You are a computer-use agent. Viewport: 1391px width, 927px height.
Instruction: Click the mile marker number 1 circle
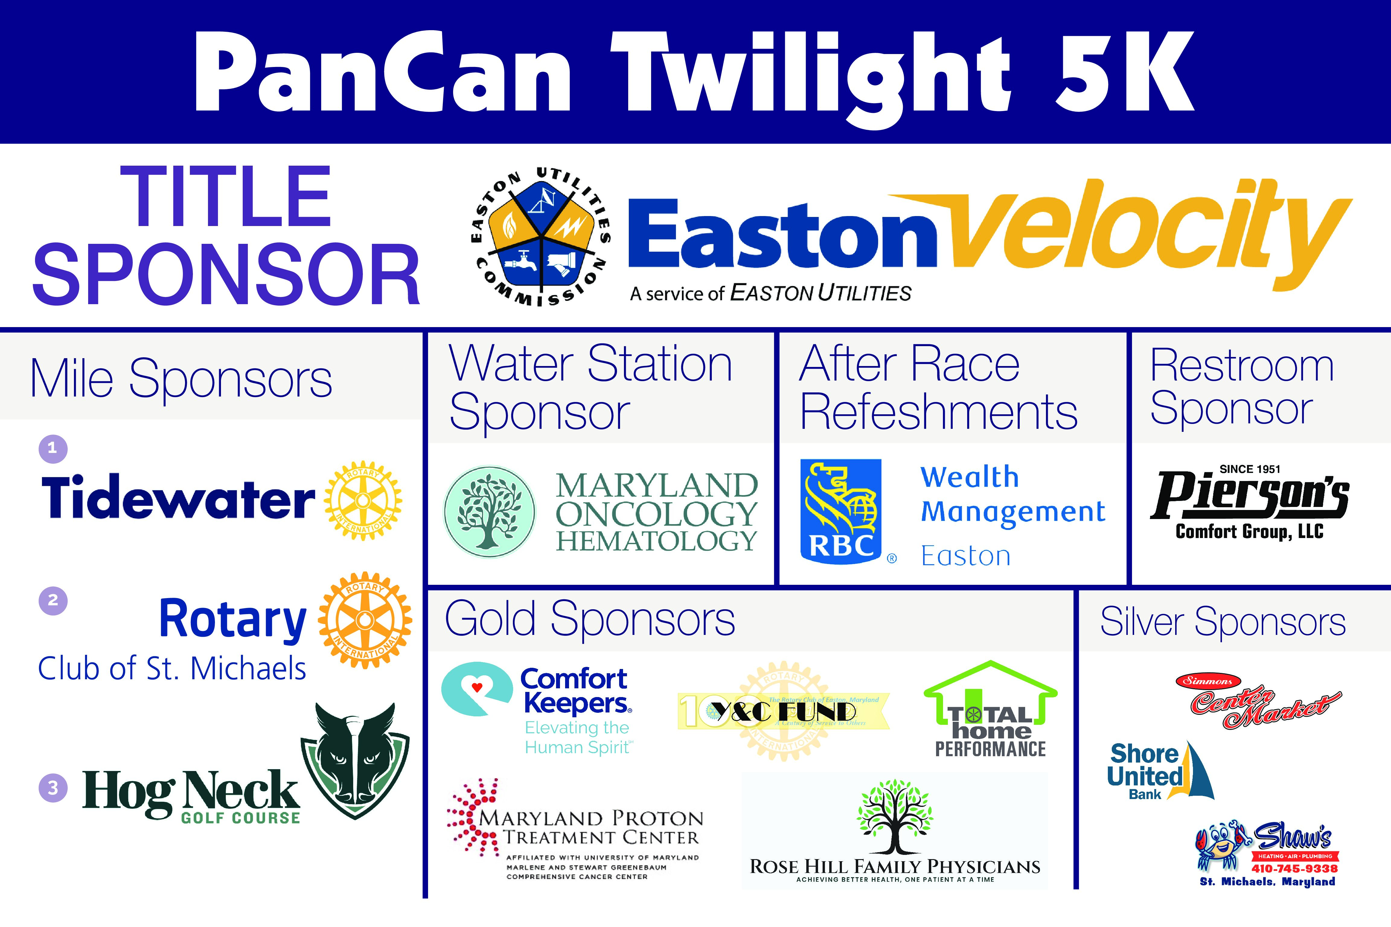point(53,448)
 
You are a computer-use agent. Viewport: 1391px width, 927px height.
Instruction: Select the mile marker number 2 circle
point(53,600)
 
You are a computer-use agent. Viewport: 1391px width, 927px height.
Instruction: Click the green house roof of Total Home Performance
point(990,680)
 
